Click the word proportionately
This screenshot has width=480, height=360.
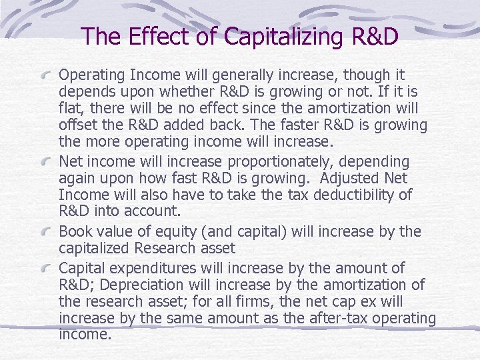pos(278,162)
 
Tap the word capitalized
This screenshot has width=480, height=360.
pos(94,249)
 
